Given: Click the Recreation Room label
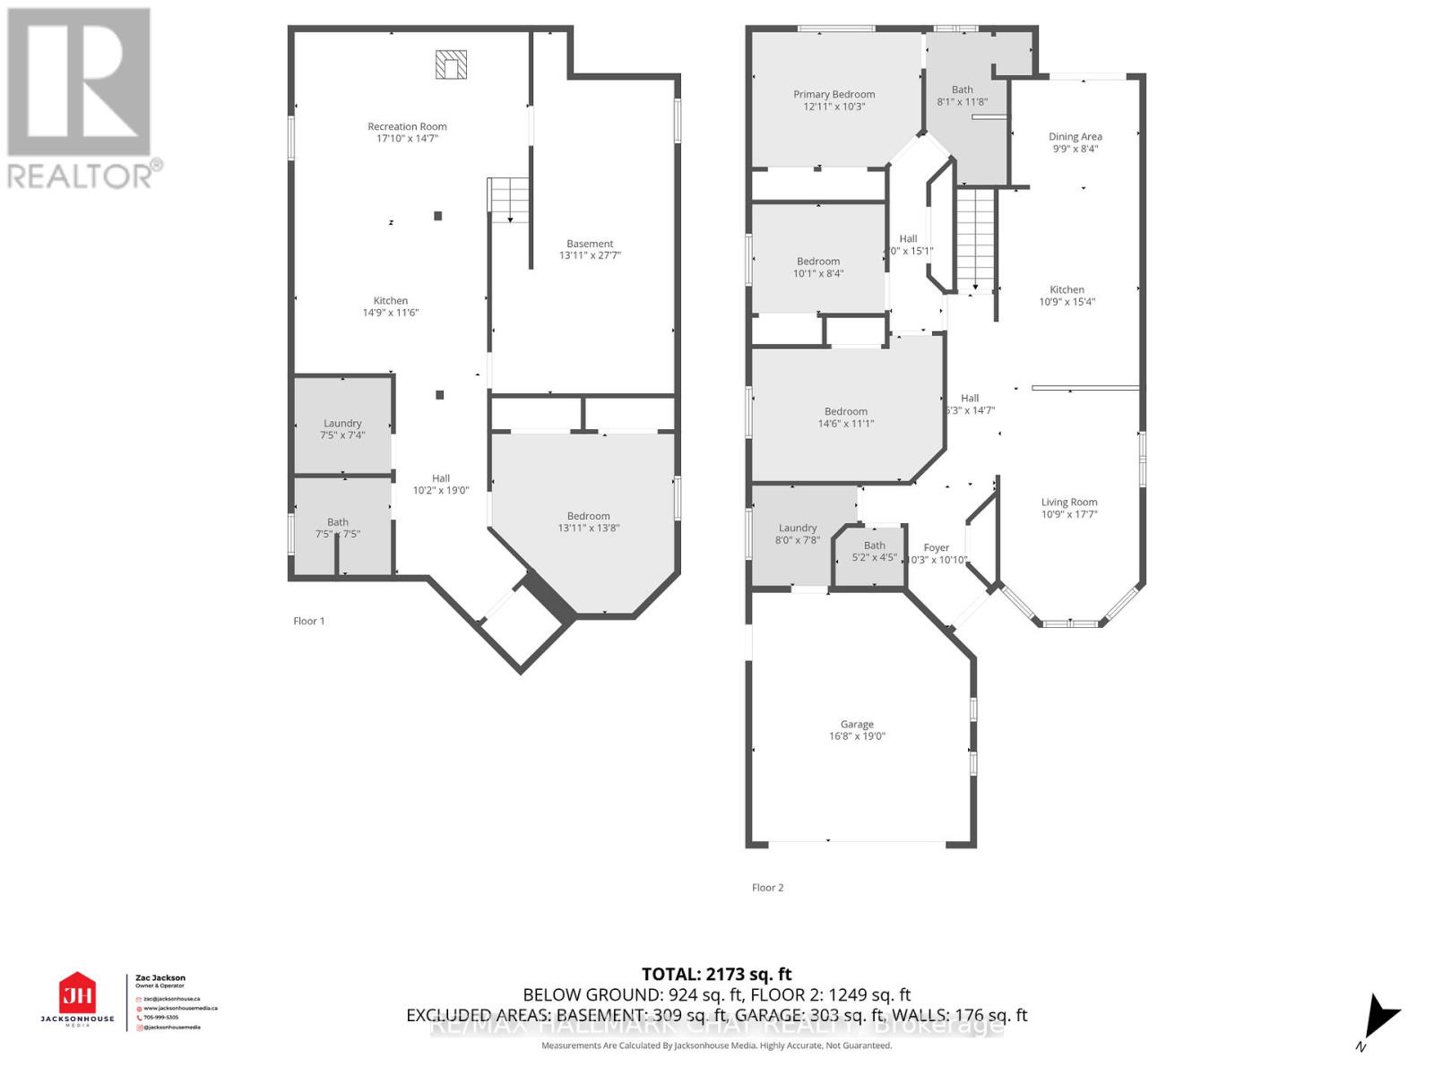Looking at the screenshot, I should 407,126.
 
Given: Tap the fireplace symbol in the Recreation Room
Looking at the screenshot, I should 451,64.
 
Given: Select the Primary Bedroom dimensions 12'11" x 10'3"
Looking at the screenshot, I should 834,107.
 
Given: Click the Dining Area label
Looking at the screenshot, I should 1075,137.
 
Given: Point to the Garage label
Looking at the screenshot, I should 857,724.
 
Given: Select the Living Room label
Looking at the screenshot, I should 1068,503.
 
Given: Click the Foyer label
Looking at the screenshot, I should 936,547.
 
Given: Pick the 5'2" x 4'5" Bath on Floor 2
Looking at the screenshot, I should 874,551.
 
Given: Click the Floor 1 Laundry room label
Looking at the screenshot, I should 342,423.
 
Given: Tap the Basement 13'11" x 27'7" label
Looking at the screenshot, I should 590,249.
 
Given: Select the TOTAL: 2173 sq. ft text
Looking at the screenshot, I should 716,974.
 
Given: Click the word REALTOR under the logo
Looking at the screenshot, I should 81,176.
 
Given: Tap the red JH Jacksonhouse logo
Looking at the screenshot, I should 77,993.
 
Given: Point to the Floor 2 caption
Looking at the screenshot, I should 767,888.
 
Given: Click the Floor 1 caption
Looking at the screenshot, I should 308,621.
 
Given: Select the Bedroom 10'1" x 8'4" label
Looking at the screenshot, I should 818,267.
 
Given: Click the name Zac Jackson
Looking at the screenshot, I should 160,978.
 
